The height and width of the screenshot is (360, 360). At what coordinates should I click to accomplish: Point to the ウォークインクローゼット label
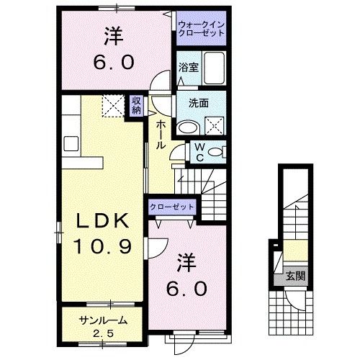click(202, 30)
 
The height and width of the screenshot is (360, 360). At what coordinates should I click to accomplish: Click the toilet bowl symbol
click(219, 152)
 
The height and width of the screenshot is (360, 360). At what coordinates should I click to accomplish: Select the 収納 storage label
click(136, 105)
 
